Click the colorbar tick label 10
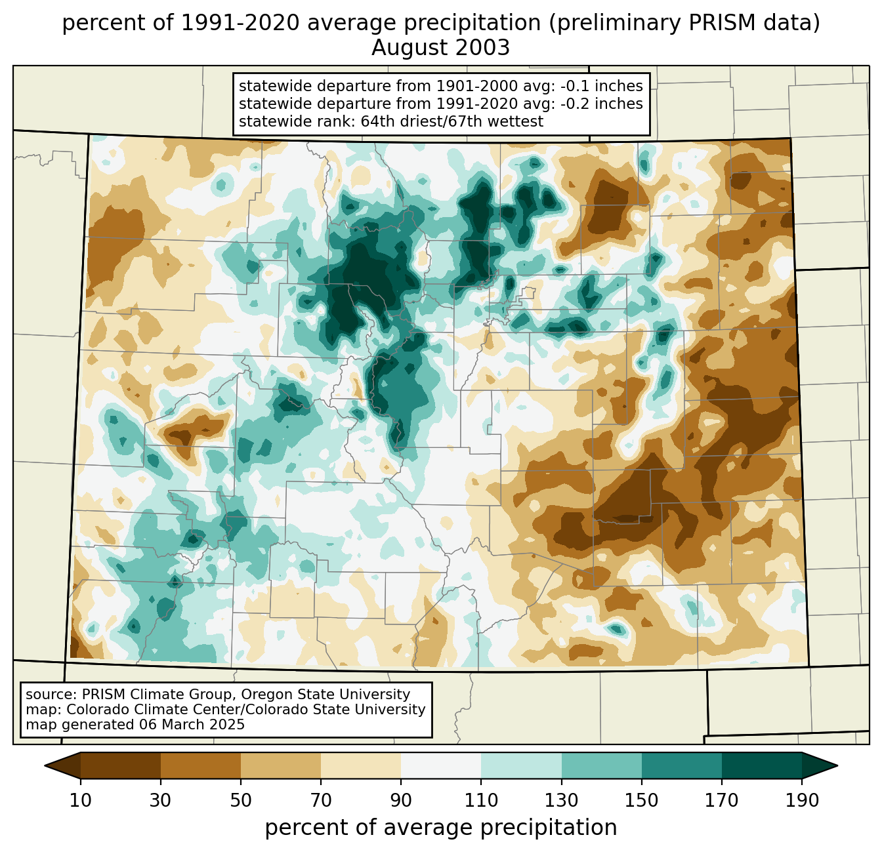point(81,801)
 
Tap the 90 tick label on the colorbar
point(401,801)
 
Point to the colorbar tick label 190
point(802,801)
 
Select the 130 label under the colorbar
point(562,801)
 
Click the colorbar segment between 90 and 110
point(441,765)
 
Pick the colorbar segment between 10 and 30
point(121,765)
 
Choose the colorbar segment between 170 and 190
point(762,765)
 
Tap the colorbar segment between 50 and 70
point(281,765)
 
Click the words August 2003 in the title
point(440,48)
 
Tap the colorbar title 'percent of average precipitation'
point(440,828)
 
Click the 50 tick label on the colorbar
point(241,801)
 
